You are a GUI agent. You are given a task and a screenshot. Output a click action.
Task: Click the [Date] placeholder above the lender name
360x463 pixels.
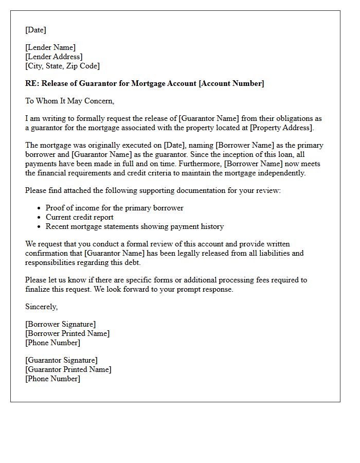point(35,30)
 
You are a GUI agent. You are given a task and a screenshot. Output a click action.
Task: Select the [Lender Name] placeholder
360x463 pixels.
point(50,48)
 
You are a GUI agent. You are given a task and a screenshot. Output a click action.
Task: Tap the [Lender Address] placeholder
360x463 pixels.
point(54,57)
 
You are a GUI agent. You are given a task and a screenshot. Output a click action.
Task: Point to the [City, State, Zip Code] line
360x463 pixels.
point(62,66)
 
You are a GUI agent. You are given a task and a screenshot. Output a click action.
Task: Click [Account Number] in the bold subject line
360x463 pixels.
point(231,83)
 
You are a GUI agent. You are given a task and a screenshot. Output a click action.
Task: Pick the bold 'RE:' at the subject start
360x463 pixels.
point(32,83)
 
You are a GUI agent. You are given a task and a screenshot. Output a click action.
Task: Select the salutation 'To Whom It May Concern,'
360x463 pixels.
point(69,101)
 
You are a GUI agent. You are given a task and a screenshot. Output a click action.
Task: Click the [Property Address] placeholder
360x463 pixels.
point(281,128)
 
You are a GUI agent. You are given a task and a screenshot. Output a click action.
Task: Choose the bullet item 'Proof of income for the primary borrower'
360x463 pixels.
point(114,208)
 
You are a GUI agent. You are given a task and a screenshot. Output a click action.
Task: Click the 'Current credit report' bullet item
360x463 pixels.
point(79,217)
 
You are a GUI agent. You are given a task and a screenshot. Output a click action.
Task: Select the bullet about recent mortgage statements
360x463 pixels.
point(134,226)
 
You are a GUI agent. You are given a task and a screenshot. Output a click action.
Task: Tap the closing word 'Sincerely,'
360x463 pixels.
point(42,307)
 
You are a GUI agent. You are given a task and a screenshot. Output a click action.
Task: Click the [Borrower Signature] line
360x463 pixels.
point(60,324)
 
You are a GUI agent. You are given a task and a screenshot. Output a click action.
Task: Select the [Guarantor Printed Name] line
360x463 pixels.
point(68,369)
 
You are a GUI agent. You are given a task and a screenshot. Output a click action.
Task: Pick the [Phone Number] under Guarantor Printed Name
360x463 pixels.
point(52,379)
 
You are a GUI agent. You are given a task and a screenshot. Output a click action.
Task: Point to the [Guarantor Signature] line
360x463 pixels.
point(61,360)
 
